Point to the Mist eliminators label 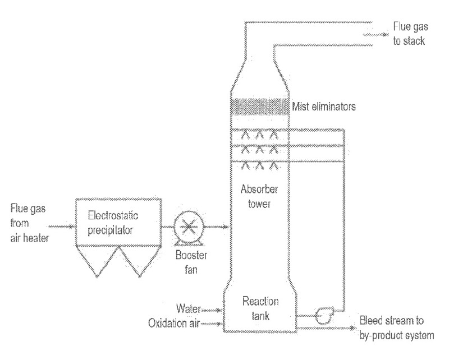click(323, 106)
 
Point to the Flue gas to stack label click(408, 35)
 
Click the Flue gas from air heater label click(30, 224)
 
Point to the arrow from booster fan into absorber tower click(219, 227)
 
